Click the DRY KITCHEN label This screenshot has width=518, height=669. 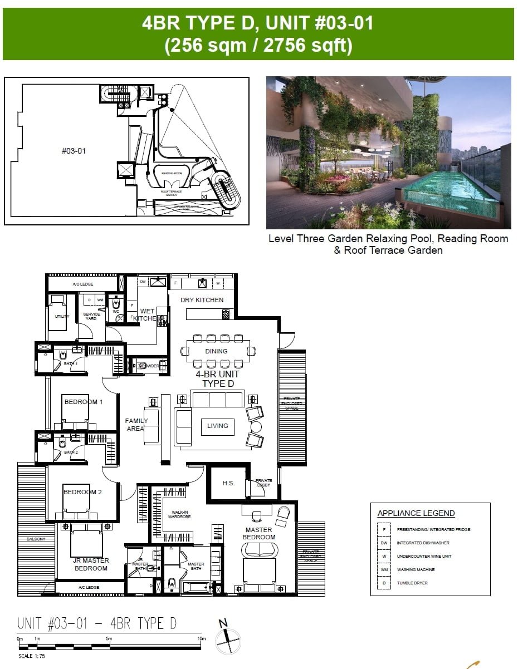click(202, 300)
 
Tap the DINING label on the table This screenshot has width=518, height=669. click(216, 351)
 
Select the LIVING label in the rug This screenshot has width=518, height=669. click(217, 426)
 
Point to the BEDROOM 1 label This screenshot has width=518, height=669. click(84, 402)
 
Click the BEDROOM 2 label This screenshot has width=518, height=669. click(82, 492)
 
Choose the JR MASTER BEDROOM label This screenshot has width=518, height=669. click(91, 564)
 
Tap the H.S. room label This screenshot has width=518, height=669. click(228, 483)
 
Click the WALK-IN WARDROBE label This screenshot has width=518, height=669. click(179, 515)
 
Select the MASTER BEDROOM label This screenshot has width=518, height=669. click(258, 534)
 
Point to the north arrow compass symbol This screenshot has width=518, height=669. click(228, 641)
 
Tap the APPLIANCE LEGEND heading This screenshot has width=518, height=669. click(416, 513)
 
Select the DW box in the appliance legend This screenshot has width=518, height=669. click(384, 543)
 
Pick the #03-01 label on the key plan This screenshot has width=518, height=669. click(74, 150)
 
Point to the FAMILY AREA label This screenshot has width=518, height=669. click(136, 425)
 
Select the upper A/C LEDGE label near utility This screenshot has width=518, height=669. click(82, 284)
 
